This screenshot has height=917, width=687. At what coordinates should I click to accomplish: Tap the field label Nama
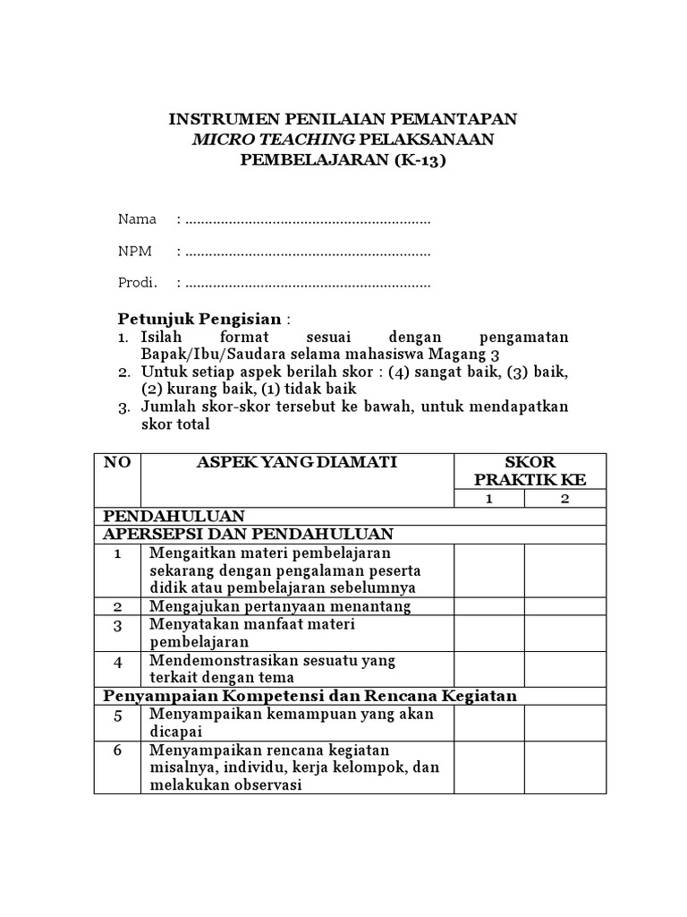click(x=137, y=219)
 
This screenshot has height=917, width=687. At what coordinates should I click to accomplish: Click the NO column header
click(x=117, y=462)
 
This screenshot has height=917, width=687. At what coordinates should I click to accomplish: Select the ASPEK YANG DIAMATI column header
click(x=296, y=462)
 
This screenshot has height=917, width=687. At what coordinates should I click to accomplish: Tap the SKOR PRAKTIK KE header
click(x=530, y=471)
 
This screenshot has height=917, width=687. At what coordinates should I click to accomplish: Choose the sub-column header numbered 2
click(x=564, y=499)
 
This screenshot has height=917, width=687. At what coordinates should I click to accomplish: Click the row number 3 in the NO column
click(x=117, y=625)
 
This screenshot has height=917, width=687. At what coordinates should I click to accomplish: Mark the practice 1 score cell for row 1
click(x=488, y=570)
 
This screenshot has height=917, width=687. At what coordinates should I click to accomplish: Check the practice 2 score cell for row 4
click(x=564, y=669)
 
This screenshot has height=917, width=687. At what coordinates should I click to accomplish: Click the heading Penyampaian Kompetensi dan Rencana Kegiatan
click(x=310, y=696)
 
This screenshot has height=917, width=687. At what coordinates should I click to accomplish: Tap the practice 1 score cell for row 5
click(x=488, y=723)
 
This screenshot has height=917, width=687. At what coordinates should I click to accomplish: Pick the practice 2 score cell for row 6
click(x=564, y=767)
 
